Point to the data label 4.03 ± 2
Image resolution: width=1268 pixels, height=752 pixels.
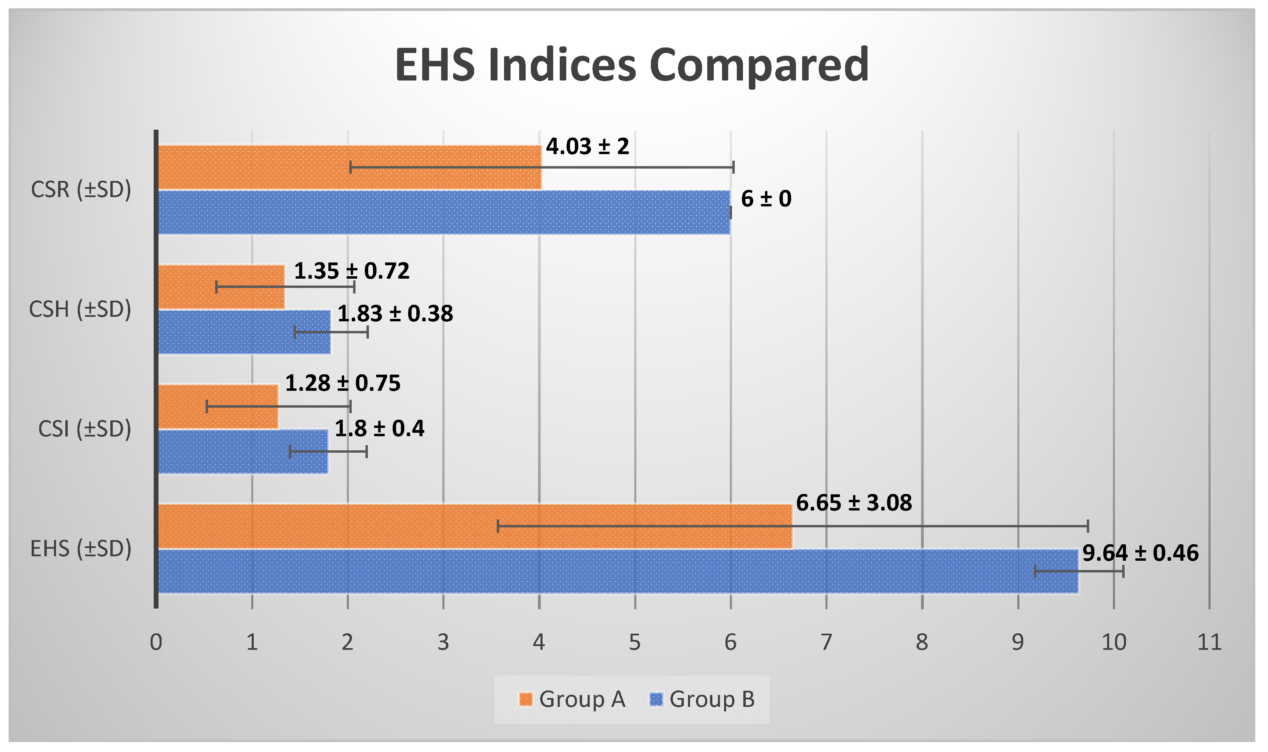[587, 147]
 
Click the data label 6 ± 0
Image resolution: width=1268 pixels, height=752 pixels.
[766, 198]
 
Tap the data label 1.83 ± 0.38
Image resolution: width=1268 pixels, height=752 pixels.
[395, 314]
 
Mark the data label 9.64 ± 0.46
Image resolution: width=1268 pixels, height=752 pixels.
[1140, 553]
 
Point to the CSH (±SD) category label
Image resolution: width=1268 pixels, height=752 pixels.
[80, 309]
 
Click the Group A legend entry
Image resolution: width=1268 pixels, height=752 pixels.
[572, 700]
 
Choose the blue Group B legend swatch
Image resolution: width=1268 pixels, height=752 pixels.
[656, 700]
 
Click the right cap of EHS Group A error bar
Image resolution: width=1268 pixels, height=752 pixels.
[1088, 526]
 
